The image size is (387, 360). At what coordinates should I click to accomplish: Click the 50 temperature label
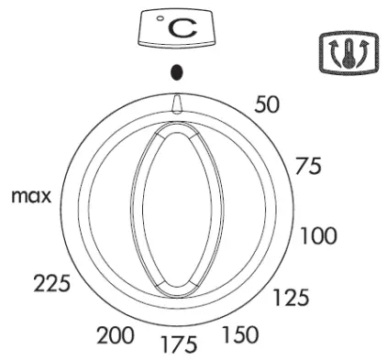(267, 104)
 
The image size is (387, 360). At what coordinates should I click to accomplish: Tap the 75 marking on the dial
(308, 166)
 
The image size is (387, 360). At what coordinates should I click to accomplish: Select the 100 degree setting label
(319, 235)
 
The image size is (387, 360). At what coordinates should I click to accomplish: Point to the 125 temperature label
(291, 298)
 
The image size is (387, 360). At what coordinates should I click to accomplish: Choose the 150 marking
(240, 334)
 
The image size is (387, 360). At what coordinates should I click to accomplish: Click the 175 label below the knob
(179, 344)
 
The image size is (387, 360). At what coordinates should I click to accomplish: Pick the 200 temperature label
(116, 335)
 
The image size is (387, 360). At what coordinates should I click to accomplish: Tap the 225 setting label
(51, 283)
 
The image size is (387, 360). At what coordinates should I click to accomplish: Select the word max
(31, 197)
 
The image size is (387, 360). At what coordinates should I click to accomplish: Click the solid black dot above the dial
(177, 72)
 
